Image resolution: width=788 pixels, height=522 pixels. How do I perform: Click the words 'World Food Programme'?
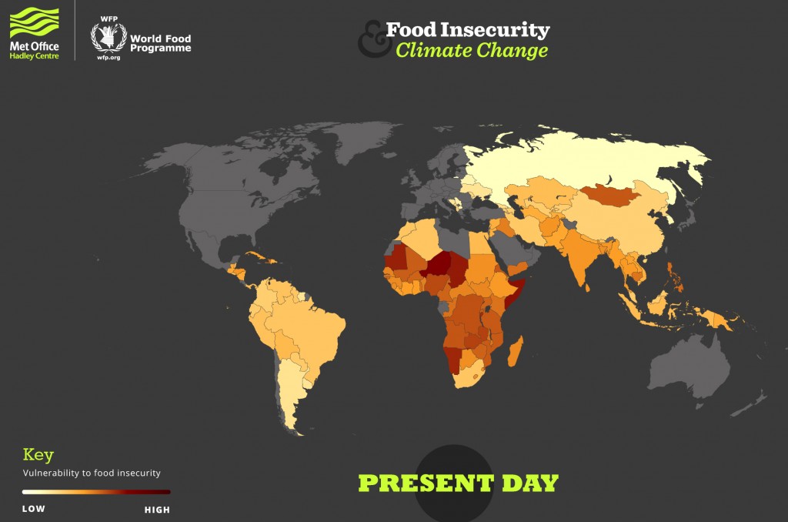click(160, 43)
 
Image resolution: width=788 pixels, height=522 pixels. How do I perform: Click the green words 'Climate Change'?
click(472, 51)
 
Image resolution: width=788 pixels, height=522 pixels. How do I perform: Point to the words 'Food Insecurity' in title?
click(467, 30)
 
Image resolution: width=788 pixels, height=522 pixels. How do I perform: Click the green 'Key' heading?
click(38, 455)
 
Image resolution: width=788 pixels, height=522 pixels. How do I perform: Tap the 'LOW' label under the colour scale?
click(34, 509)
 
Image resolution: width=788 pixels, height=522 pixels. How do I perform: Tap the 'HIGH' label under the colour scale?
click(157, 509)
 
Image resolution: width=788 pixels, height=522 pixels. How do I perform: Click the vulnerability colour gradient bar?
click(96, 491)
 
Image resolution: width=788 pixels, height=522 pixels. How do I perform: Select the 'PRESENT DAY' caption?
click(458, 484)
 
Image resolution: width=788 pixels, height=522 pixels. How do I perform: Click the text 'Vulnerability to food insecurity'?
click(92, 473)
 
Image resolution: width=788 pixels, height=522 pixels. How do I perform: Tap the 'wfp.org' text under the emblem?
click(109, 57)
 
